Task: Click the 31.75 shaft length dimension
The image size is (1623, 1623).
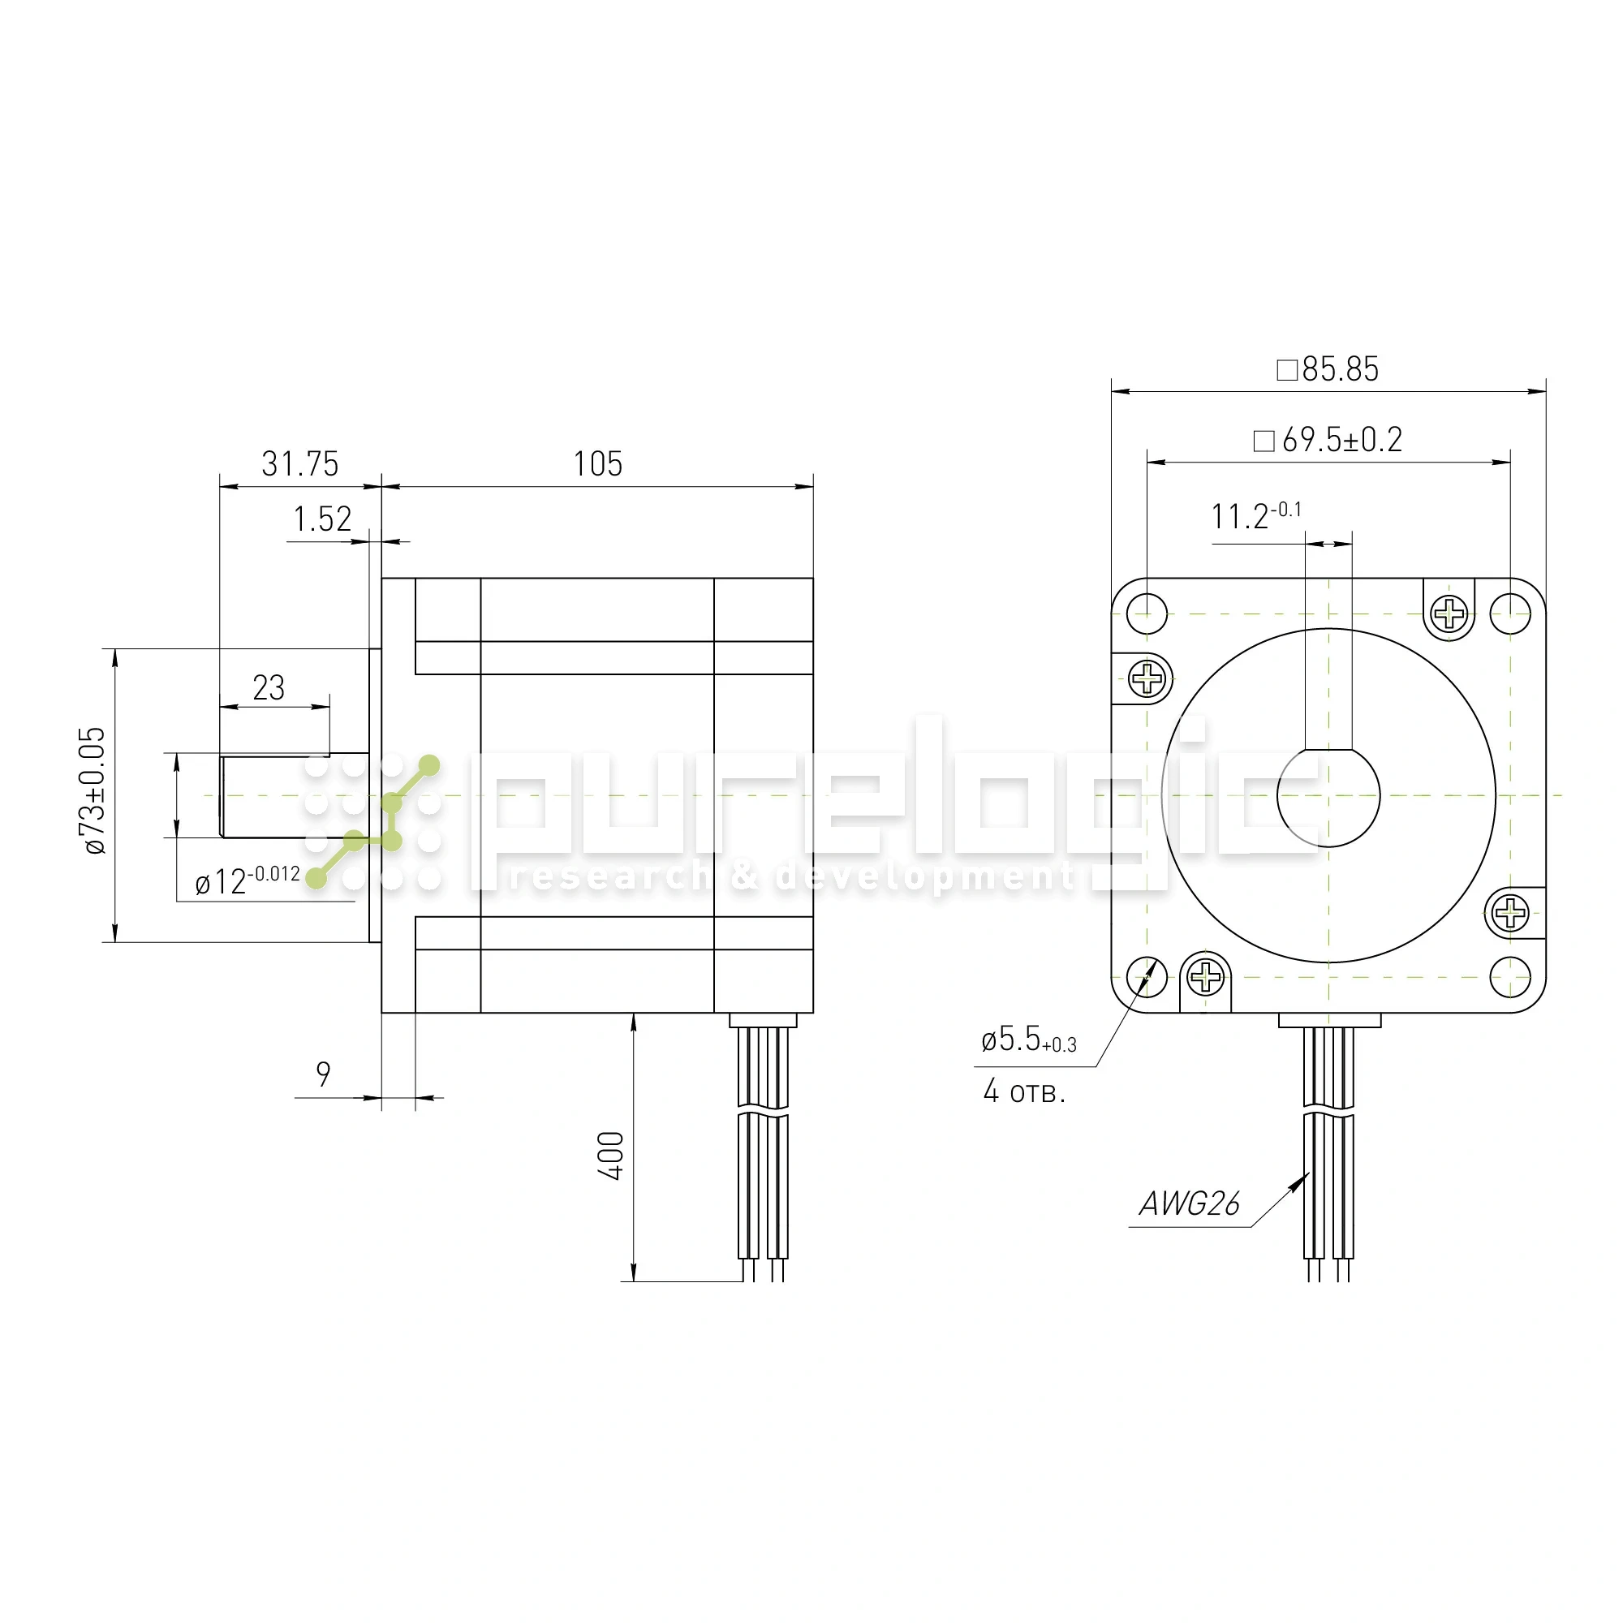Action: [300, 463]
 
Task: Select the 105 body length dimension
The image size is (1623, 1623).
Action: [598, 463]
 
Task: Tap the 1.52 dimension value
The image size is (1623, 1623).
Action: [323, 519]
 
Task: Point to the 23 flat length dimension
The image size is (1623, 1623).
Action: [269, 688]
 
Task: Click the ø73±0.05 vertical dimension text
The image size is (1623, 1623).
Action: [93, 790]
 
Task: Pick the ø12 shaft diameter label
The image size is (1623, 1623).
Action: [247, 880]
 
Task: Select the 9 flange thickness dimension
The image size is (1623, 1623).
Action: [324, 1074]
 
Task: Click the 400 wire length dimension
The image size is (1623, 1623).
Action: [612, 1156]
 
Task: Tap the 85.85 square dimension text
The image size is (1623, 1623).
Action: [1328, 368]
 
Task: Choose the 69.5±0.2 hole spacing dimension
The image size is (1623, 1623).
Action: [1328, 439]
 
